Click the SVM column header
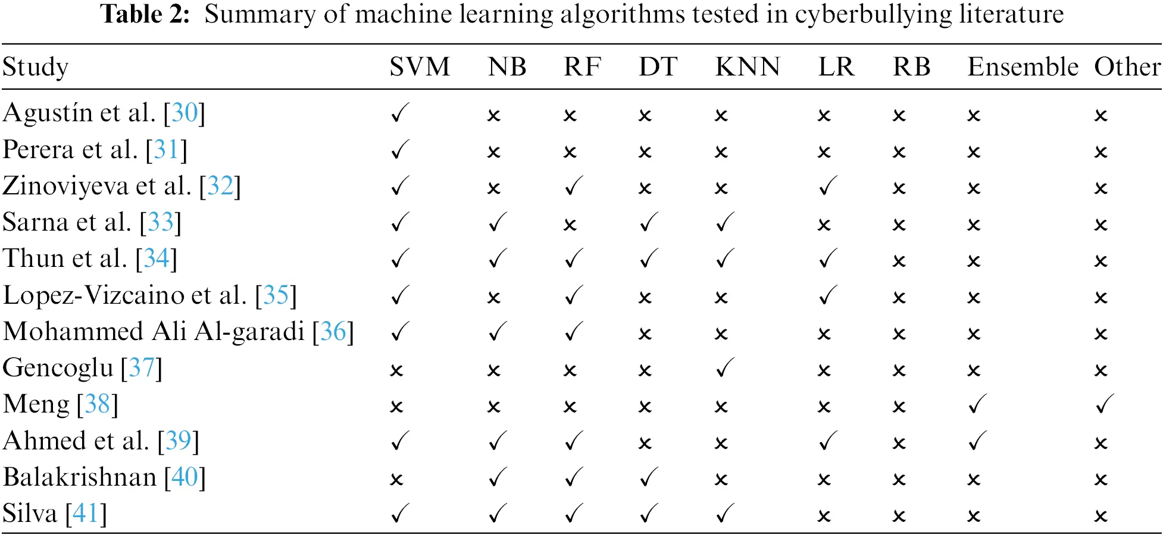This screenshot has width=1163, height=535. (420, 67)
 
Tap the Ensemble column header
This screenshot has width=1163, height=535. (1023, 67)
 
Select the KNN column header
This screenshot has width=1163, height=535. (748, 67)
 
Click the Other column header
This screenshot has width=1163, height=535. (1127, 67)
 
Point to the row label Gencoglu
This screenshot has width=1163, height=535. (58, 368)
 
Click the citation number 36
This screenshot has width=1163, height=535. (333, 332)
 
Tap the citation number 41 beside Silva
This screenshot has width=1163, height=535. (86, 514)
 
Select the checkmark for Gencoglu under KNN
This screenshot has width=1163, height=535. (724, 368)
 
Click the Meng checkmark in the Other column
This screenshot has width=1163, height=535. (1104, 404)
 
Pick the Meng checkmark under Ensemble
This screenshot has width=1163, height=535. (977, 404)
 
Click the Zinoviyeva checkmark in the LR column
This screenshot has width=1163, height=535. (828, 186)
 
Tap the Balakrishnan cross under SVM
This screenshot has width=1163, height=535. (396, 480)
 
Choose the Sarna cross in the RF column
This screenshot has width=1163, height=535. (570, 225)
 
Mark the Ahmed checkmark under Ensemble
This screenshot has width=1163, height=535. (977, 441)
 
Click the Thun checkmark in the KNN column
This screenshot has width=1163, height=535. (724, 259)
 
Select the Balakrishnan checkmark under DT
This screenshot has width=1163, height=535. (649, 477)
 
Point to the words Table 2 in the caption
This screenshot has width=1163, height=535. (145, 14)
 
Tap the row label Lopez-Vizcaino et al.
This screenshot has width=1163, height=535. (125, 295)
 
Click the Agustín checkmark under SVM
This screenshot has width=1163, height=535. (400, 113)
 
